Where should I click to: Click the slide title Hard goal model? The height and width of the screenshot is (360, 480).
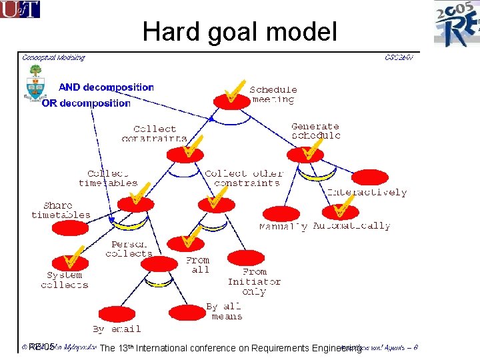tap(240, 31)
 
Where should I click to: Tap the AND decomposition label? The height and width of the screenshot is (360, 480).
tap(106, 87)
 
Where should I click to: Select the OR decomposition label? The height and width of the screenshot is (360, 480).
tap(86, 103)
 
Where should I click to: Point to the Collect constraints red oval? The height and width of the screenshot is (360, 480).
tap(185, 155)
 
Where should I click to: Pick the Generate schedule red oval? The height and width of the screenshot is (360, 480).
tap(305, 155)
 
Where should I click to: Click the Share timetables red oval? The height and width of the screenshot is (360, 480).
tap(70, 228)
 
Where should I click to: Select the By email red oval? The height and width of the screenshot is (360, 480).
tap(117, 314)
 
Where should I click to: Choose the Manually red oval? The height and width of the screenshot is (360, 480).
tap(281, 214)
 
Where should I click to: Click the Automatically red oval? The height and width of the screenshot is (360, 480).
tap(340, 213)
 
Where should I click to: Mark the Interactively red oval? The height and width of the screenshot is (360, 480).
tap(369, 178)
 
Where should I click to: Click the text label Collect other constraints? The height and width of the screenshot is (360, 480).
tap(244, 178)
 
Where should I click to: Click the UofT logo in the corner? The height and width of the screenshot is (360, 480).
tap(20, 9)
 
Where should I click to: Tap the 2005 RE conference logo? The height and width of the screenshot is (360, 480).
tap(457, 24)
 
